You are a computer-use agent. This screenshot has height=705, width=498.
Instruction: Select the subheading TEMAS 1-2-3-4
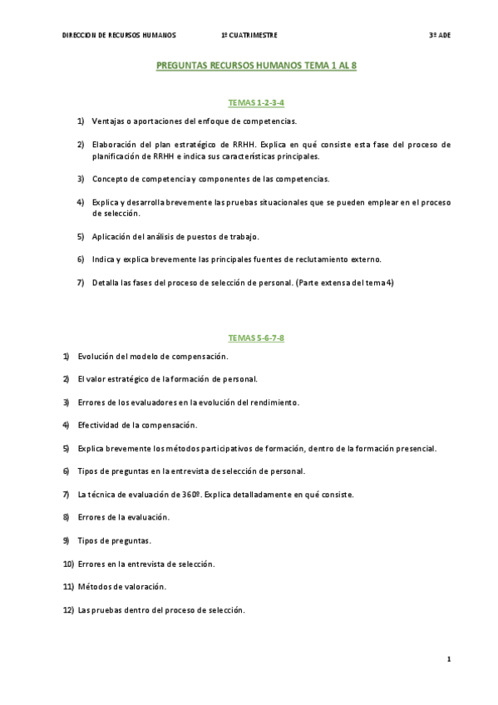pos(256,102)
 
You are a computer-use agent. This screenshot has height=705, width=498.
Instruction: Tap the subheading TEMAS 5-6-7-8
pos(256,338)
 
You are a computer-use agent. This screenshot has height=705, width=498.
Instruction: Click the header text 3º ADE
pos(440,36)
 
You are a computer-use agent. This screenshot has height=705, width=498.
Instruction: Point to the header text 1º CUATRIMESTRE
pos(249,36)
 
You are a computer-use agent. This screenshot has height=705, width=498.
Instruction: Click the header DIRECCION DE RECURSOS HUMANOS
pos(119,36)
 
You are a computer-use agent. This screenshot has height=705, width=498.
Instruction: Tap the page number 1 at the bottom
pos(448,659)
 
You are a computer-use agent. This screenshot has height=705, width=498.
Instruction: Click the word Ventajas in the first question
pos(107,121)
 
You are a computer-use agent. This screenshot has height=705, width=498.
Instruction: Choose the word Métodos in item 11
pos(95,586)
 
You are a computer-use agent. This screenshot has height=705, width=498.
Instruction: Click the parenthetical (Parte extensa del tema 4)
pos(345,283)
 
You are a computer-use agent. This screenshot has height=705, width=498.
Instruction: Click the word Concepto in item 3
pos(110,179)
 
